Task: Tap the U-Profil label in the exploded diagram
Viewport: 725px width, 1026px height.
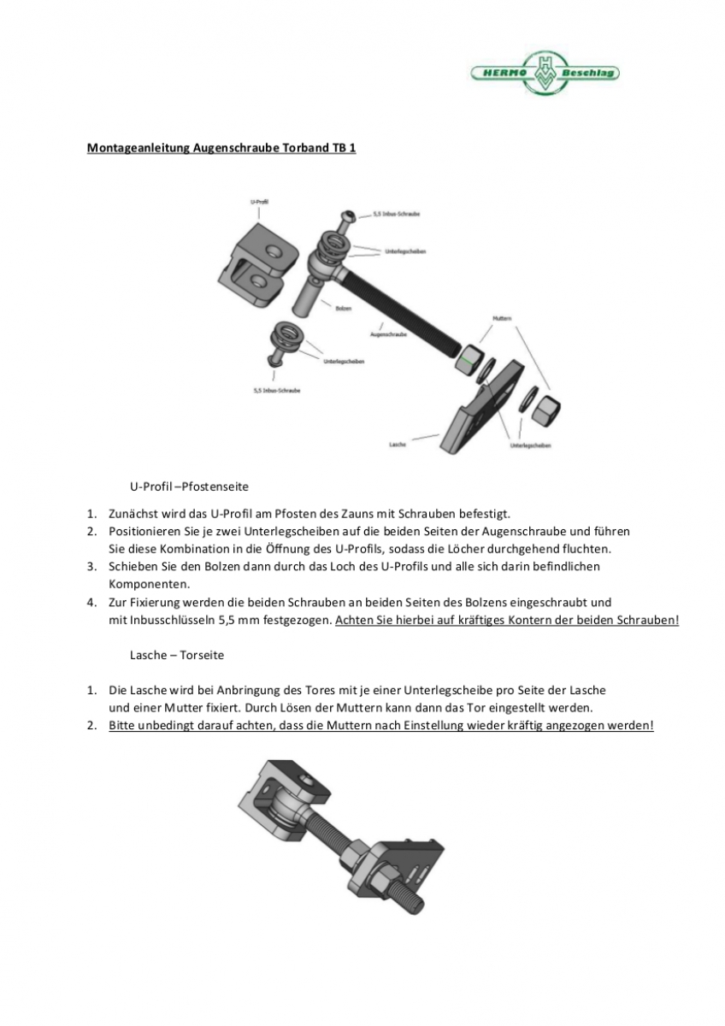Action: click(260, 202)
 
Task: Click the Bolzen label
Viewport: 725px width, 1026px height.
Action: click(343, 308)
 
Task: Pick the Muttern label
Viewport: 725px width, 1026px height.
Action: click(502, 318)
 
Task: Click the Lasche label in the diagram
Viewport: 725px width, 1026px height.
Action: click(397, 445)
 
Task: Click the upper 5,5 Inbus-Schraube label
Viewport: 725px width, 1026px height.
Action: click(396, 214)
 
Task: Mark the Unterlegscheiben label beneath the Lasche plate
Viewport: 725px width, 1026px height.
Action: click(530, 445)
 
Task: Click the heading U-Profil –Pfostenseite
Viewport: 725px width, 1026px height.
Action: click(189, 486)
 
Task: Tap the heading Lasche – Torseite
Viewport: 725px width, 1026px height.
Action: click(177, 654)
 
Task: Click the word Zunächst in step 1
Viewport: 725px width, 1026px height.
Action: click(133, 514)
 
